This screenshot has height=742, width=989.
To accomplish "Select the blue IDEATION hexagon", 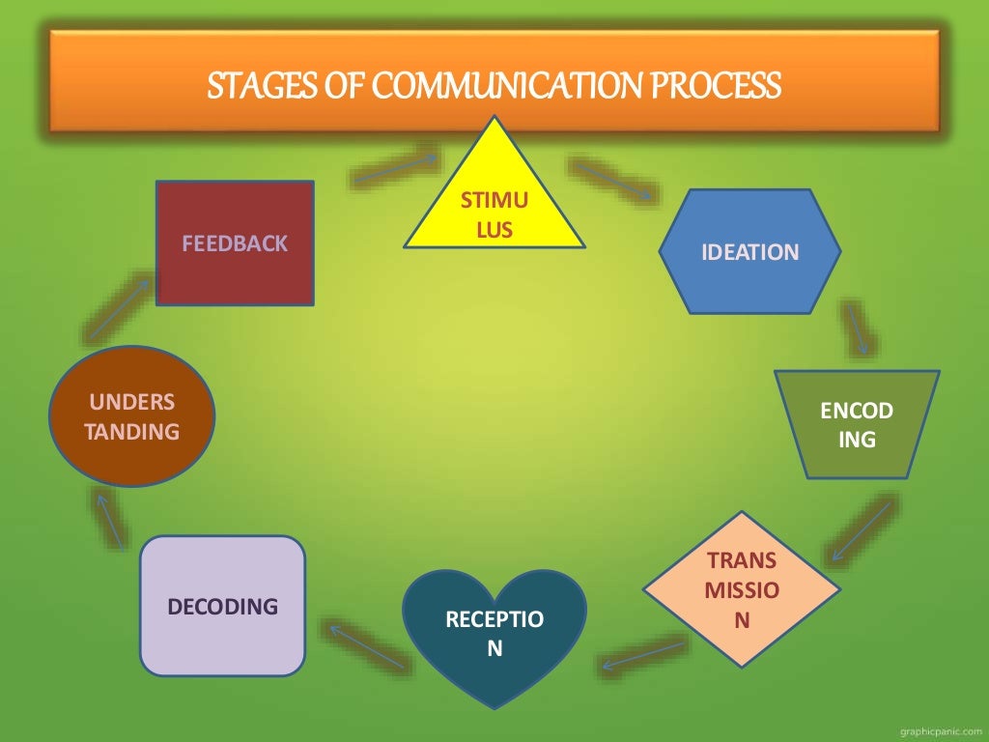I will (x=749, y=252).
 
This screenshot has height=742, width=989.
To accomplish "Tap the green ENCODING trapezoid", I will (x=857, y=425).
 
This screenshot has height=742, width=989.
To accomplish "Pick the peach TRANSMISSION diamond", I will (x=741, y=589).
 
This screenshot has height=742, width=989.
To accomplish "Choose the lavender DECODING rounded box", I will (x=223, y=606).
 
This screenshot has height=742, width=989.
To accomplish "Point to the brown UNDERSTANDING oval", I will (x=132, y=416).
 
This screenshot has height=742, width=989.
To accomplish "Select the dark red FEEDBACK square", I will (x=235, y=243).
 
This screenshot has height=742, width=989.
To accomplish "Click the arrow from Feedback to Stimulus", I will (x=395, y=166).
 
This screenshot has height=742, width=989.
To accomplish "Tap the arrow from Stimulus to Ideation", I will (x=612, y=181).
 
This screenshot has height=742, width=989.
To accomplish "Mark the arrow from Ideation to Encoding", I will (x=857, y=328).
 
